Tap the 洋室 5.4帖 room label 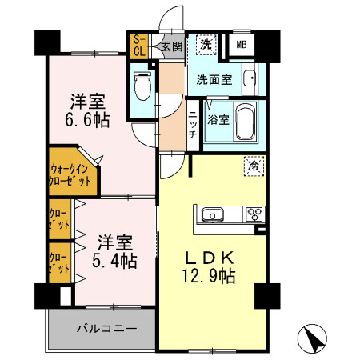[x=117, y=250]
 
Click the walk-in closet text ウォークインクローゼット [x=70, y=174]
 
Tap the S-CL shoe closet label [x=138, y=45]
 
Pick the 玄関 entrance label [x=170, y=46]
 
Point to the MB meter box [x=242, y=45]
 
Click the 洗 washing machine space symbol [x=206, y=45]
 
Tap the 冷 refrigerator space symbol [x=253, y=166]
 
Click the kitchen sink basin [x=213, y=214]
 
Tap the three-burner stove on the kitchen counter [x=255, y=214]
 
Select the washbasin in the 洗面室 [x=249, y=79]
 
